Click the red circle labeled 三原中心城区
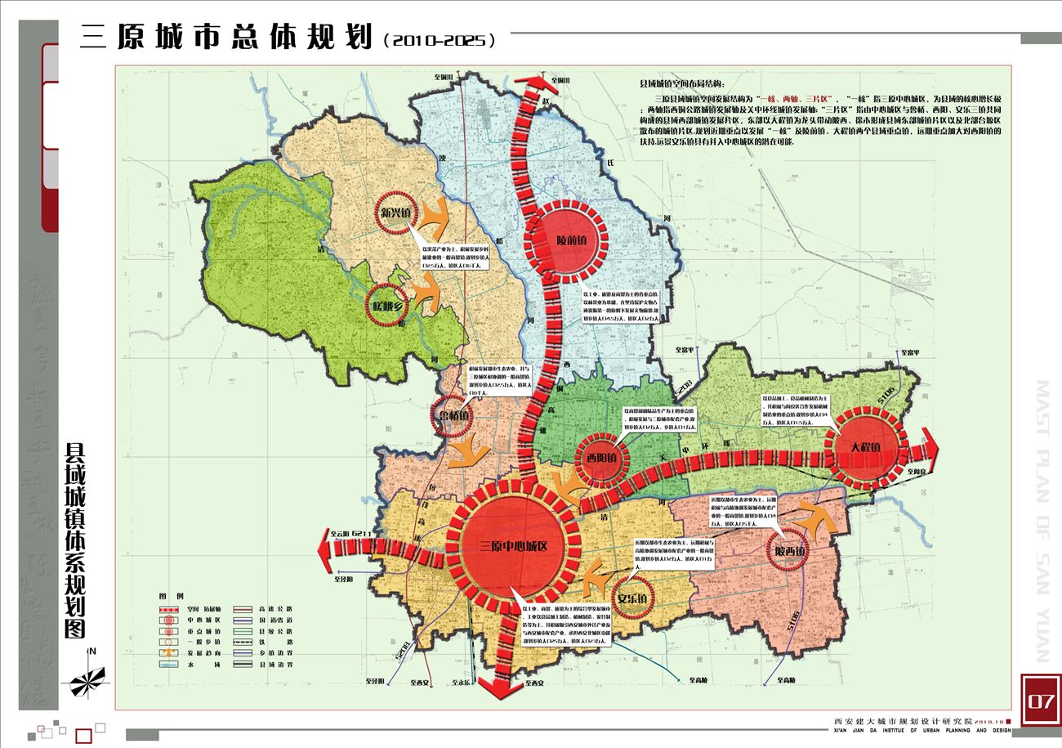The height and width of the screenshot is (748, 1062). [x=513, y=546]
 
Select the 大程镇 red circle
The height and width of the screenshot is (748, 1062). [x=864, y=448]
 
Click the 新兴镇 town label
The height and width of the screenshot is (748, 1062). [x=398, y=214]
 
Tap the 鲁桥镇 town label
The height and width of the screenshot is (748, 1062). [x=453, y=414]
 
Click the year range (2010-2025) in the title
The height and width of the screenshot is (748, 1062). [x=439, y=39]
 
